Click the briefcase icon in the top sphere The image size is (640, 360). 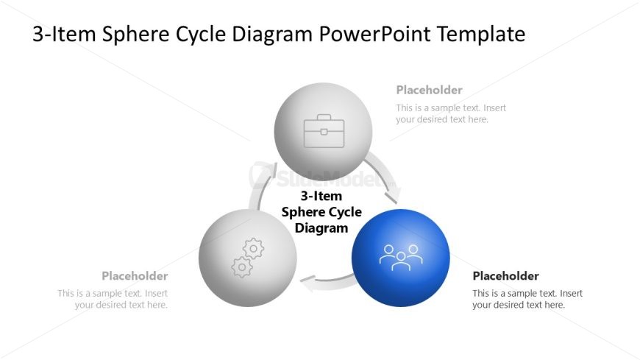pyautogui.click(x=323, y=130)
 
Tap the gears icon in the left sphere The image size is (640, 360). pyautogui.click(x=247, y=257)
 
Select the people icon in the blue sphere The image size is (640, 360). pyautogui.click(x=401, y=257)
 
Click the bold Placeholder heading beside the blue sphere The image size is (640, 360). pyautogui.click(x=505, y=276)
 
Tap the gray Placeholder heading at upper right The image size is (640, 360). pyautogui.click(x=429, y=90)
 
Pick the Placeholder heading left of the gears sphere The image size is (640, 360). pyautogui.click(x=135, y=276)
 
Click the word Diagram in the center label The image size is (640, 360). pyautogui.click(x=321, y=227)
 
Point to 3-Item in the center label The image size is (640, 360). pyautogui.click(x=321, y=197)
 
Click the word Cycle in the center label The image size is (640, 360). pyautogui.click(x=342, y=212)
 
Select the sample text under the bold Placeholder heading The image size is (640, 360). pyautogui.click(x=527, y=299)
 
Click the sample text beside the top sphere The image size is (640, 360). pyautogui.click(x=451, y=113)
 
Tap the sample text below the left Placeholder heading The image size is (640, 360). pyautogui.click(x=113, y=299)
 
